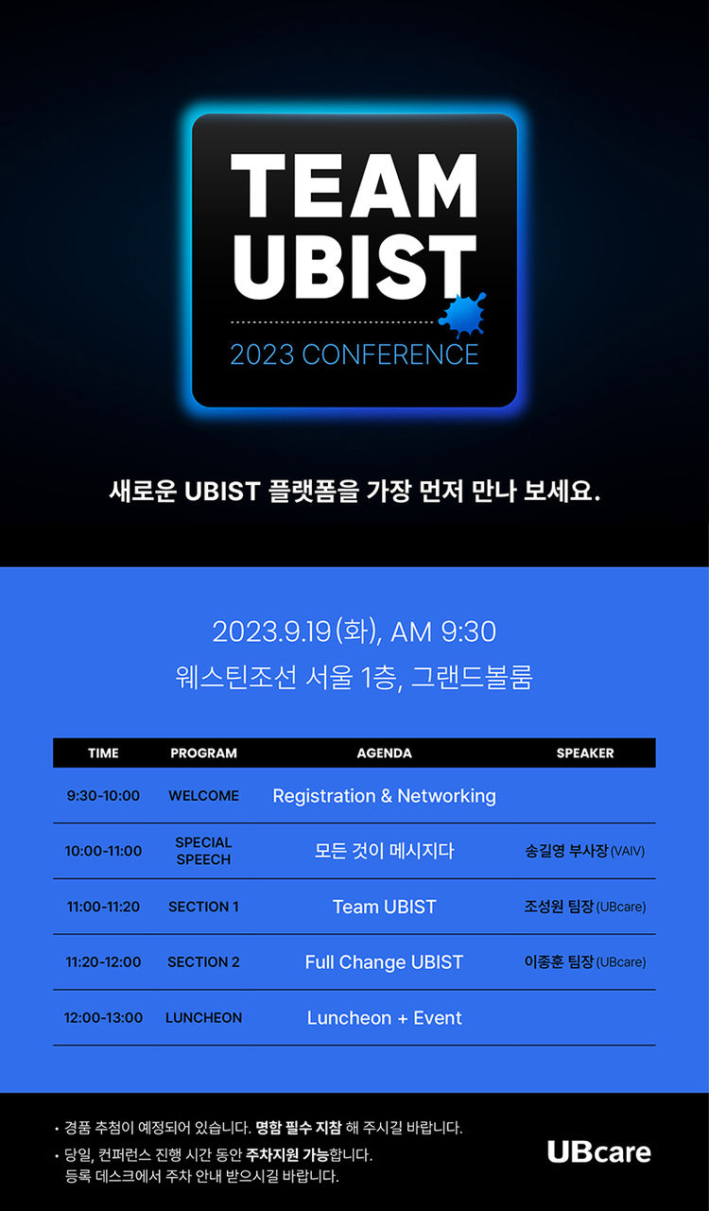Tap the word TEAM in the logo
pyautogui.click(x=354, y=185)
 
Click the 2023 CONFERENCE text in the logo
pyautogui.click(x=354, y=355)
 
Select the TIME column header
pyautogui.click(x=103, y=753)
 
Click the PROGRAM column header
pyautogui.click(x=203, y=753)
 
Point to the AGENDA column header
pyautogui.click(x=384, y=753)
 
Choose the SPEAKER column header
pyautogui.click(x=585, y=753)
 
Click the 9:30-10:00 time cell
pyautogui.click(x=103, y=796)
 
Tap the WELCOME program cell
pyautogui.click(x=203, y=796)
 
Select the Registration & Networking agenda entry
pyautogui.click(x=384, y=796)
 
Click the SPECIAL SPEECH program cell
pyautogui.click(x=203, y=851)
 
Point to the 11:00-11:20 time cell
pyautogui.click(x=103, y=907)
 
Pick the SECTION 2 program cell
pyautogui.click(x=203, y=961)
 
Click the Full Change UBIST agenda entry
pyautogui.click(x=384, y=962)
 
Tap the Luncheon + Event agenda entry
pyautogui.click(x=384, y=1018)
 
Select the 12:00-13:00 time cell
pyautogui.click(x=103, y=1017)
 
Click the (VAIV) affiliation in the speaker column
pyautogui.click(x=628, y=852)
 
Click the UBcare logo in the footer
pyautogui.click(x=599, y=1152)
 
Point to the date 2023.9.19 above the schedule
pyautogui.click(x=271, y=631)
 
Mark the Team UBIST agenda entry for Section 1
pyautogui.click(x=384, y=907)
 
